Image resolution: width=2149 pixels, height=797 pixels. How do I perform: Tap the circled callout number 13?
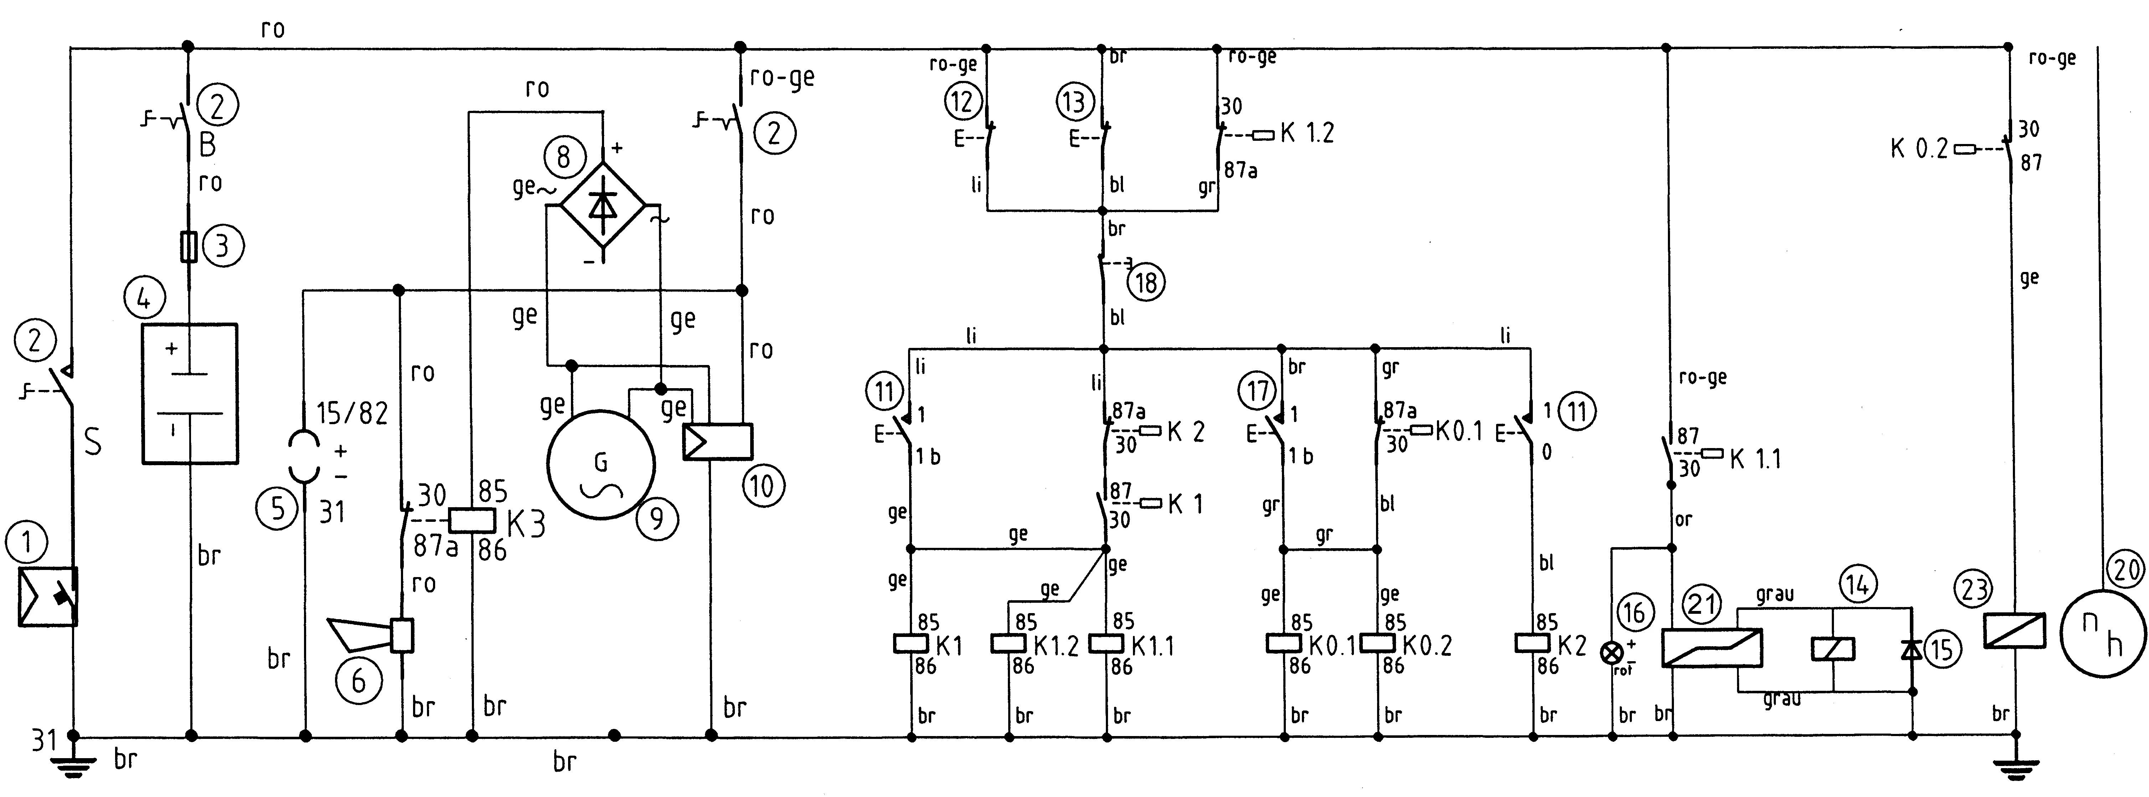tap(1074, 102)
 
